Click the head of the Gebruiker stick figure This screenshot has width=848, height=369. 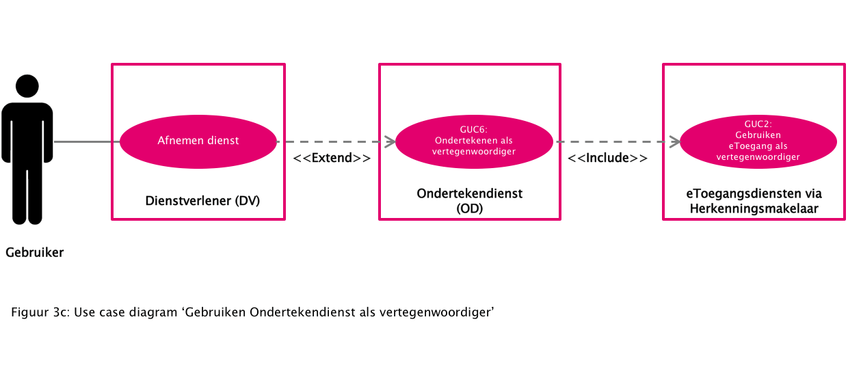(x=27, y=86)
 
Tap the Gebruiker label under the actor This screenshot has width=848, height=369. (x=34, y=253)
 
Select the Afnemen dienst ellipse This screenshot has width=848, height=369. (x=198, y=141)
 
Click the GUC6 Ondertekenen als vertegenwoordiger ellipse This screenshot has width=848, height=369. (x=474, y=141)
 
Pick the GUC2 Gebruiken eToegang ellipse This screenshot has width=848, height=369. (x=758, y=141)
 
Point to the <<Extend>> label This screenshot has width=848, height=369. (x=332, y=159)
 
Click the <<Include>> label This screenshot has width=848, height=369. (x=608, y=159)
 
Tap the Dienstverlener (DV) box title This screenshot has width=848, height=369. (x=202, y=201)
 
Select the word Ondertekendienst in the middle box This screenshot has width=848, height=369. (x=470, y=194)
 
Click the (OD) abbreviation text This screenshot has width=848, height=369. (x=470, y=209)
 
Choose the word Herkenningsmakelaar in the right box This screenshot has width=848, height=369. (x=753, y=209)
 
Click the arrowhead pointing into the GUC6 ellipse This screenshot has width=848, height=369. (x=390, y=142)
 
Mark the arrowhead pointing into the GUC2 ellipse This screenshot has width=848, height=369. (x=674, y=142)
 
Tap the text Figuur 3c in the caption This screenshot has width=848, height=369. (x=39, y=313)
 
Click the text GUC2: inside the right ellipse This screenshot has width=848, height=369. (x=758, y=124)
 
